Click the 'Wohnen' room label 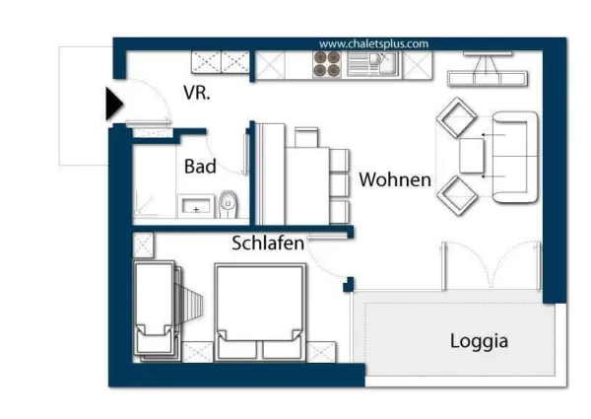[394, 180]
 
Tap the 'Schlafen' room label [268, 243]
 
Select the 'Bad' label [200, 167]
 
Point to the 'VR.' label [197, 94]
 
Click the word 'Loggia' [479, 341]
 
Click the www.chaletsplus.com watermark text [374, 43]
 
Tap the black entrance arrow [113, 103]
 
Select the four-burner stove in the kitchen [326, 64]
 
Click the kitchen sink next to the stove [370, 64]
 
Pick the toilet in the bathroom [230, 203]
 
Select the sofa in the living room [514, 158]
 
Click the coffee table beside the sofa [472, 157]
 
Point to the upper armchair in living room [456, 118]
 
